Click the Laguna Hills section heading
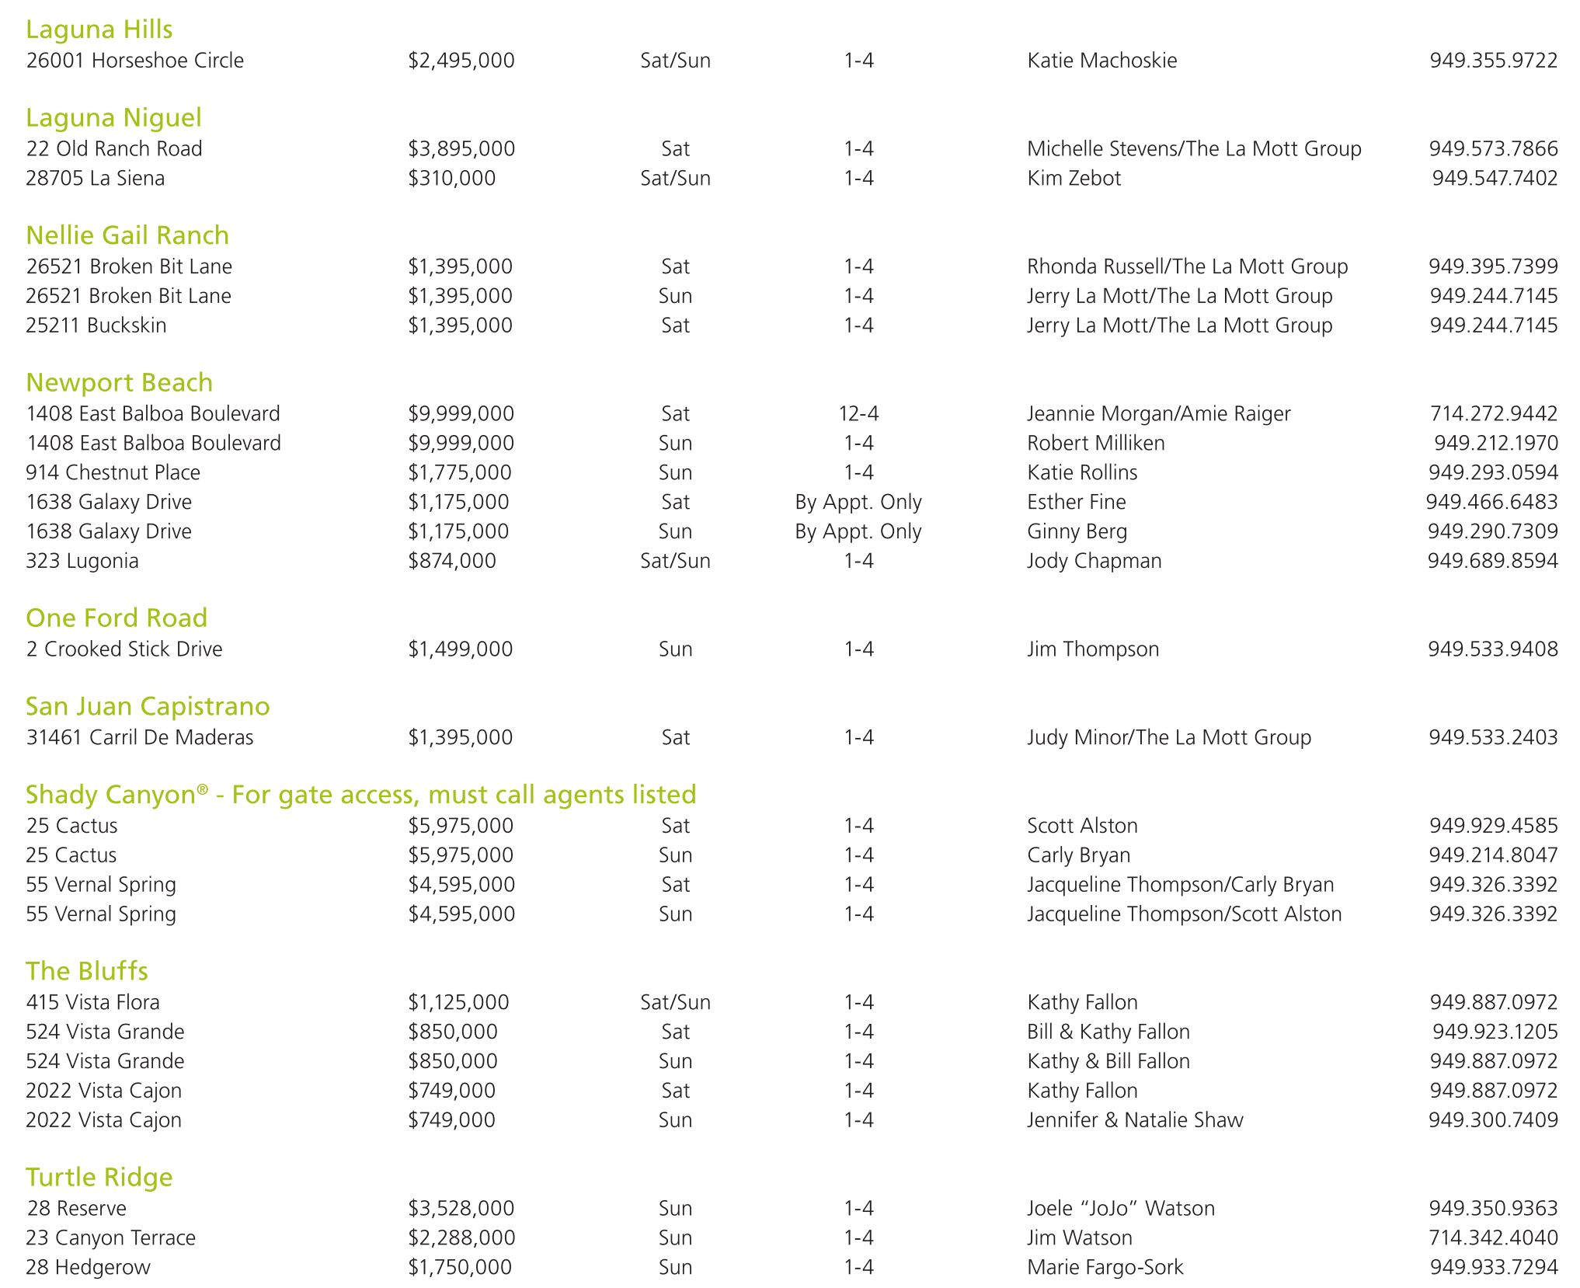(99, 30)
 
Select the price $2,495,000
(461, 61)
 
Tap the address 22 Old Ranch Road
(113, 148)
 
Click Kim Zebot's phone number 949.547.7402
(1494, 179)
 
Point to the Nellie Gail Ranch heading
(127, 235)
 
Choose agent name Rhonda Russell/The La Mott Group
(1186, 266)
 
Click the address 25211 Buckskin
(96, 325)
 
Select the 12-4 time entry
(858, 414)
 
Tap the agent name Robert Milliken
(1095, 444)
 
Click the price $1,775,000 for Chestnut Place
(459, 472)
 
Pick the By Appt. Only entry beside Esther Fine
(858, 502)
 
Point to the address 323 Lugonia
(82, 561)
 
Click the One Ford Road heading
(116, 618)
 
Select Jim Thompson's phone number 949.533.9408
(1492, 649)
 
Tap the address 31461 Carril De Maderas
(139, 737)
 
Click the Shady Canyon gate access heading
(360, 795)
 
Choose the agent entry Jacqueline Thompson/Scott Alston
(1183, 914)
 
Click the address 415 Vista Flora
(92, 1003)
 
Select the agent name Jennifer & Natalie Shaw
(1134, 1120)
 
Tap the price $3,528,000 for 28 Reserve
(461, 1209)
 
